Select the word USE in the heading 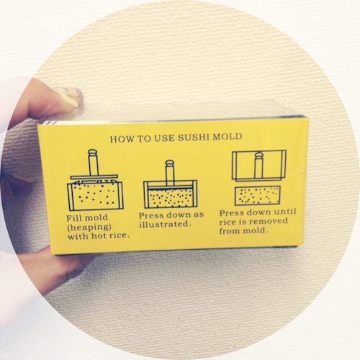point(164,138)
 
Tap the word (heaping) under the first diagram point(89,228)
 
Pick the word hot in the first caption point(99,235)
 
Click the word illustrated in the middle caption point(165,224)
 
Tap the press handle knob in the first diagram point(93,152)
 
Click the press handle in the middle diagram point(170,172)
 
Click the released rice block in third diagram point(258,195)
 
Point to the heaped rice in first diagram point(95,194)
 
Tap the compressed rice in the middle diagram point(171,198)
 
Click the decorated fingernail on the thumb point(69,96)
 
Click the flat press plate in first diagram point(94,176)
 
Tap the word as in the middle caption point(199,215)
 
